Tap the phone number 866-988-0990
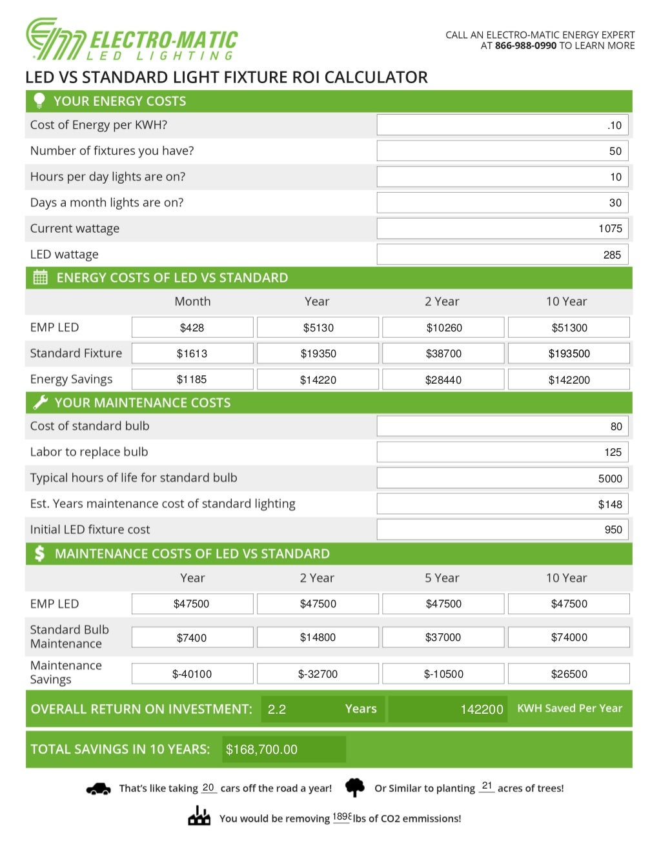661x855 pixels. [x=525, y=46]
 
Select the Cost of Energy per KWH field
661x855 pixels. [x=502, y=125]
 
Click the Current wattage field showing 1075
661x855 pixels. [x=502, y=228]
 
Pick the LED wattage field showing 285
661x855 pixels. [x=502, y=255]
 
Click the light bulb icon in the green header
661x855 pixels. [x=39, y=101]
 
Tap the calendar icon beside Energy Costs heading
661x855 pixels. [x=40, y=278]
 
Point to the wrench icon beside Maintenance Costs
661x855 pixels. [x=40, y=402]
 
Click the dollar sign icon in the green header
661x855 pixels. [x=39, y=553]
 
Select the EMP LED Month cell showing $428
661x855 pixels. [x=192, y=328]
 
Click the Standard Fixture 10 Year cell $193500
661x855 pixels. [x=569, y=353]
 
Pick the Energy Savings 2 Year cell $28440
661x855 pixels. [x=443, y=380]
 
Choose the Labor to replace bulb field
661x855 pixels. [x=502, y=452]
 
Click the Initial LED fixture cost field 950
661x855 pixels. [x=502, y=529]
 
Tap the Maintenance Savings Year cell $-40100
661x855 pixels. [x=192, y=674]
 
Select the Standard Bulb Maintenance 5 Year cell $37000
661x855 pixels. [x=443, y=637]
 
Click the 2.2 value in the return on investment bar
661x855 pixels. [x=277, y=709]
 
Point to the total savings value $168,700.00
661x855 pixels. [x=262, y=749]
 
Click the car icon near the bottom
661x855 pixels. [x=98, y=789]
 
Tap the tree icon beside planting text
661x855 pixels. [x=354, y=787]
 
